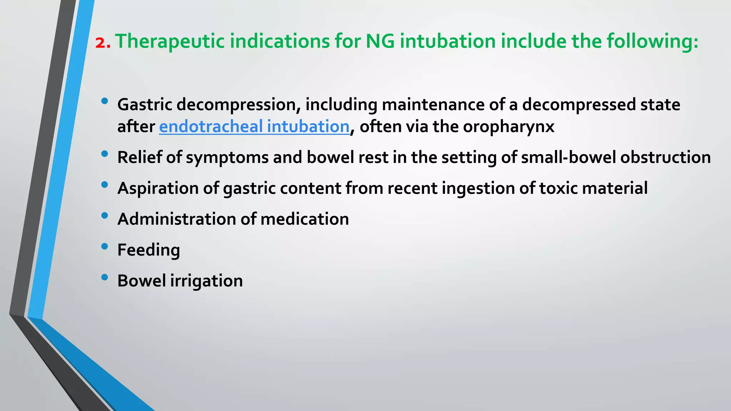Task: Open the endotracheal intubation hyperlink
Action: [x=254, y=126]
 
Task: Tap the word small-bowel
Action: [x=568, y=157]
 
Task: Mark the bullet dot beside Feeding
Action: [x=105, y=247]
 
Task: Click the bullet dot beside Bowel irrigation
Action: [x=105, y=277]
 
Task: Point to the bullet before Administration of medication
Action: [x=105, y=215]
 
